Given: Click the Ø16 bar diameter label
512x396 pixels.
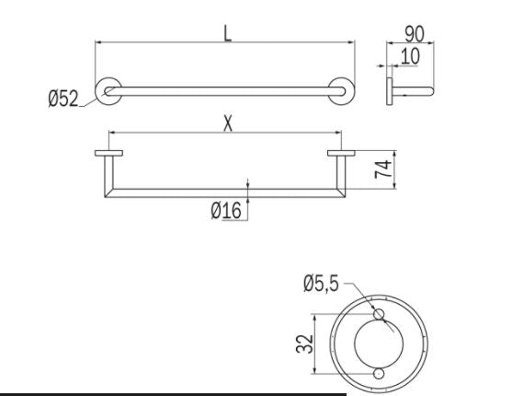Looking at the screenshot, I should (225, 212).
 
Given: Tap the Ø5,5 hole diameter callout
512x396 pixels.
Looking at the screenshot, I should (321, 283).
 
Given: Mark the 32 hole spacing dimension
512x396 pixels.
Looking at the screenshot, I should (308, 344).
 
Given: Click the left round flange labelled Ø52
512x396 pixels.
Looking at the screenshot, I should (109, 90).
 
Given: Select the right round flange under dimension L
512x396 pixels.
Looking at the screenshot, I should (342, 90).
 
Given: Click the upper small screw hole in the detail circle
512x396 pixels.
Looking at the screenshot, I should (378, 315).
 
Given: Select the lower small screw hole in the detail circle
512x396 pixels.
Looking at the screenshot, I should (378, 373).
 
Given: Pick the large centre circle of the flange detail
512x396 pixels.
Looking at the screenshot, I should (378, 343).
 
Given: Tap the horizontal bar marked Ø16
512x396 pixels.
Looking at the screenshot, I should (225, 192).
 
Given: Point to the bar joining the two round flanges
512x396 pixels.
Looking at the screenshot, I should (225, 90).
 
